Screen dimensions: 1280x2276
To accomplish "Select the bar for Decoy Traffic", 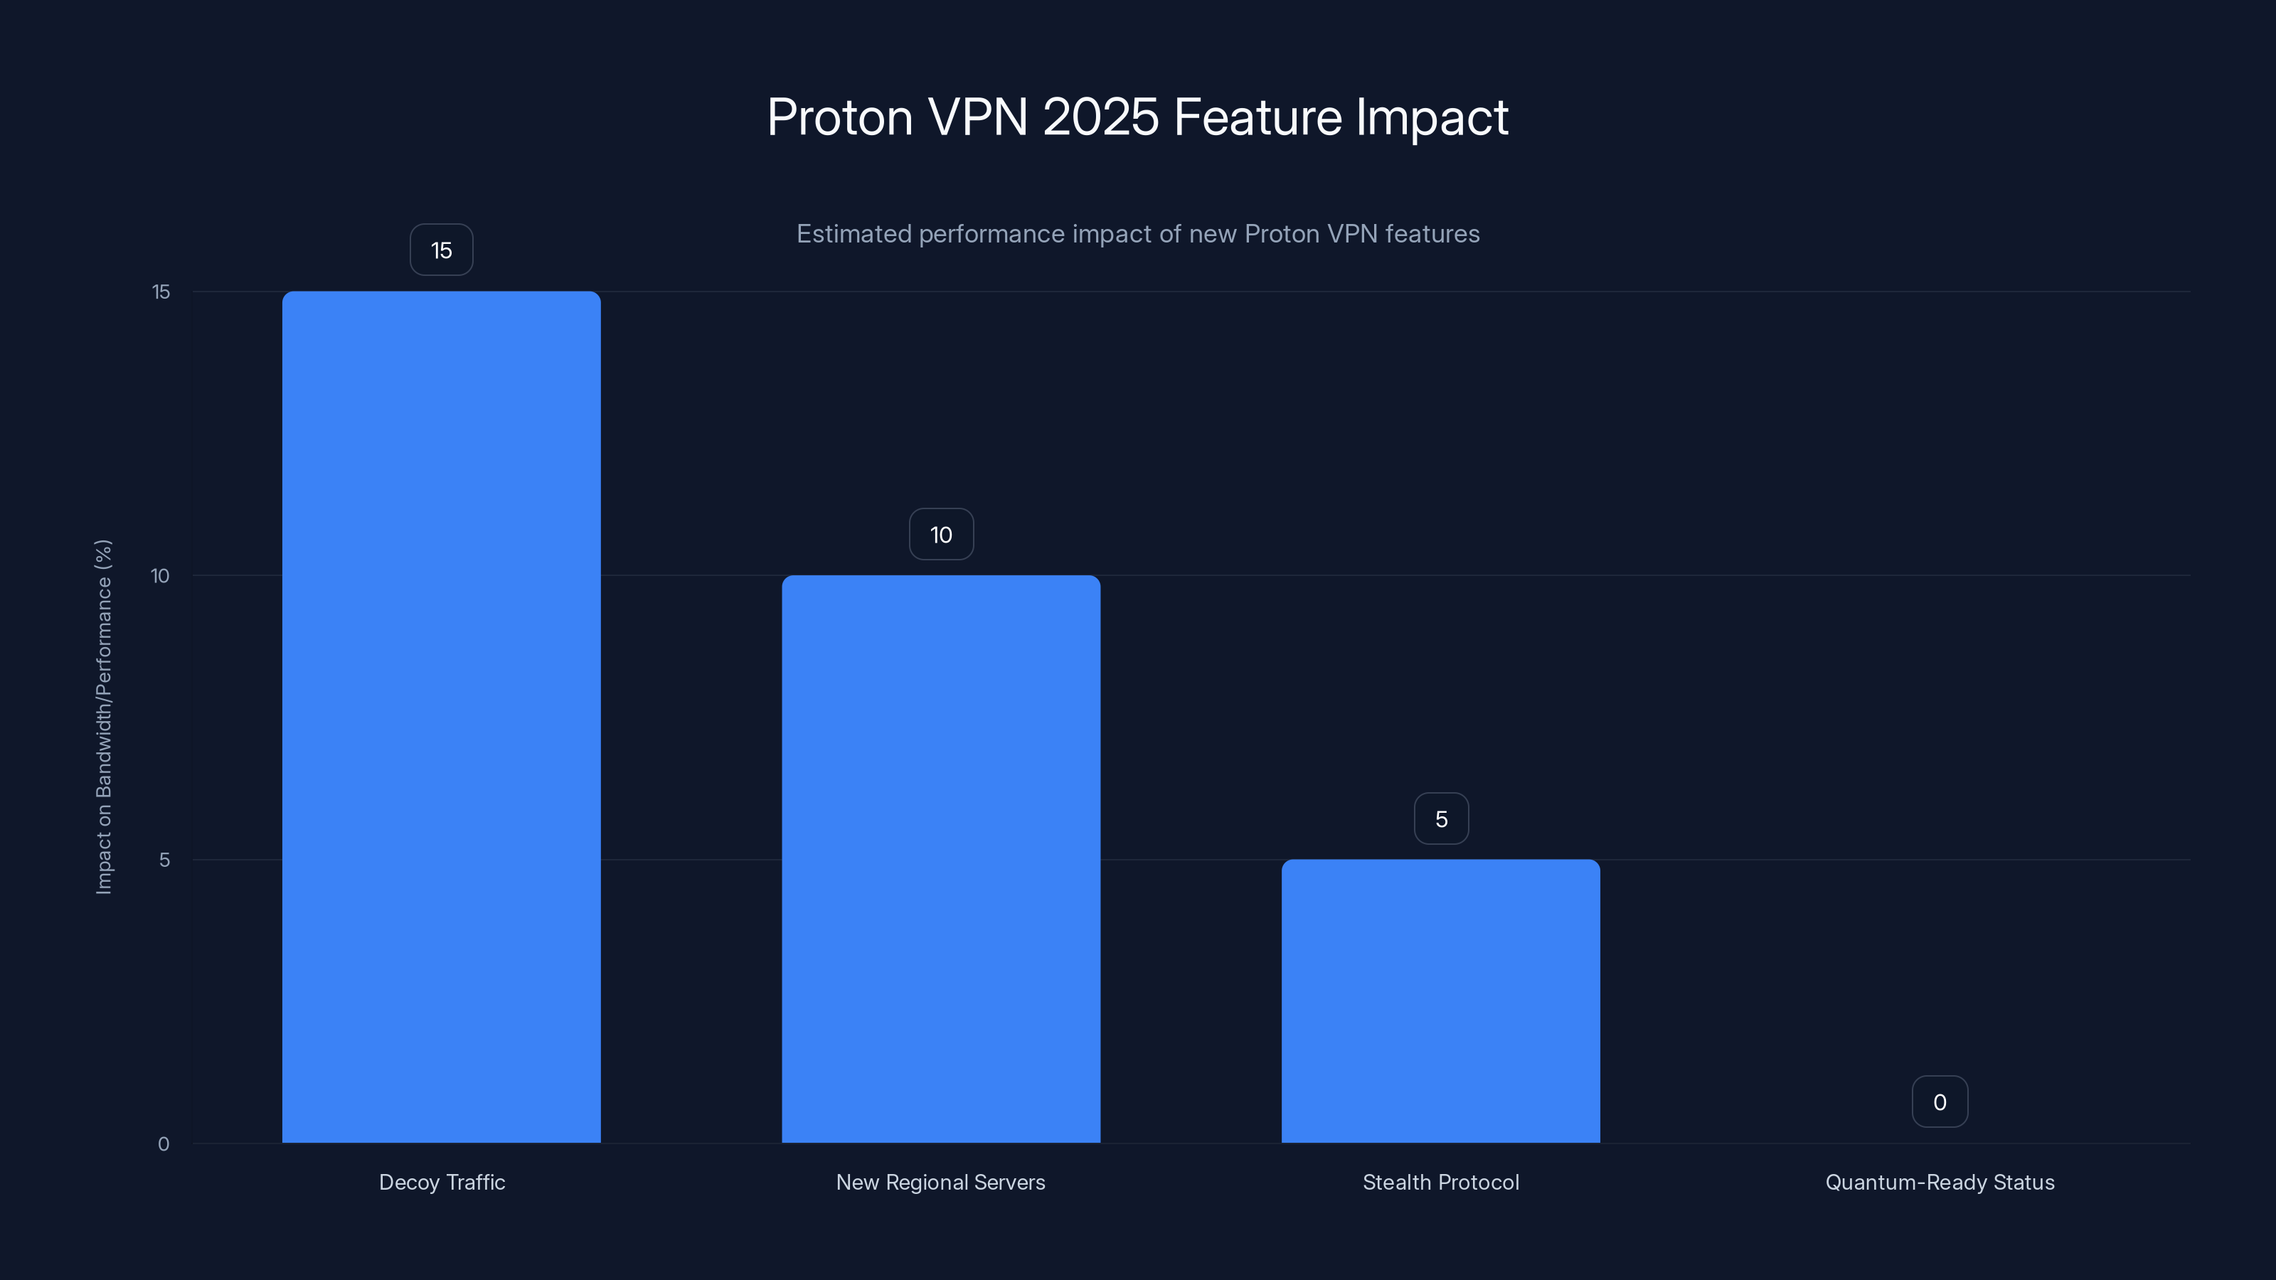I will click(441, 715).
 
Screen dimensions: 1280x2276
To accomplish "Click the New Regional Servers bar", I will click(941, 858).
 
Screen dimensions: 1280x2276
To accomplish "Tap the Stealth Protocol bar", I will click(1440, 1000).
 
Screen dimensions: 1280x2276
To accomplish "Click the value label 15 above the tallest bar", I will click(441, 250).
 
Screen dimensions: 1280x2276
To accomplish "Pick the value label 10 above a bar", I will click(941, 535).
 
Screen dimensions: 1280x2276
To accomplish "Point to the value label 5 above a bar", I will click(1441, 819).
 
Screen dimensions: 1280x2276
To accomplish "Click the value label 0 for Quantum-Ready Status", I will click(1940, 1102).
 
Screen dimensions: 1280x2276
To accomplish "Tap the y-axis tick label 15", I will click(161, 292).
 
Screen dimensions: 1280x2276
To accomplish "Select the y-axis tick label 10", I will click(160, 576).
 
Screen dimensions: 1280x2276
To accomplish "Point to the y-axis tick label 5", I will click(164, 860).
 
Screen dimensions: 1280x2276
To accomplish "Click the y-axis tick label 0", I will click(164, 1144).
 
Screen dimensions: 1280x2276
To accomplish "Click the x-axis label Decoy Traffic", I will click(442, 1182).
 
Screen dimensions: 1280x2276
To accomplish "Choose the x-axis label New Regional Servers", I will click(940, 1182).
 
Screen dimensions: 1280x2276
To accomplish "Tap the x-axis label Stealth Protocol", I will click(1440, 1182).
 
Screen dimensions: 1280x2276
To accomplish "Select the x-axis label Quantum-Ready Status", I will click(1940, 1182).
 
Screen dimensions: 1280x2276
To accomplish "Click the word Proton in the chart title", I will click(839, 117).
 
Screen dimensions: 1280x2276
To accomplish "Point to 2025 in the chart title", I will click(1100, 117).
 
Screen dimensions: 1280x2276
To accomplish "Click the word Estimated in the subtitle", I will click(854, 234).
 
